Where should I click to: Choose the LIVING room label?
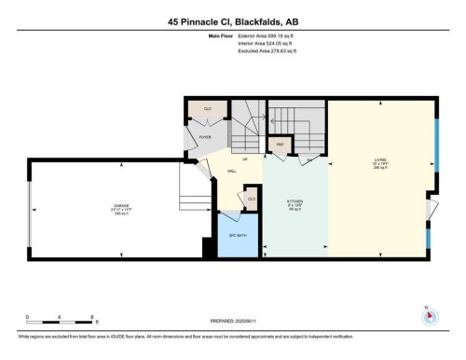click(379, 164)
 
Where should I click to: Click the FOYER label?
click(205, 137)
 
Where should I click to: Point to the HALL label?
click(230, 171)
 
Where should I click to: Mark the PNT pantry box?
click(279, 145)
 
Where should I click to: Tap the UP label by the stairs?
click(245, 159)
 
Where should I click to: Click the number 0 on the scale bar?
click(28, 317)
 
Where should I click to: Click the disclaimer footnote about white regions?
click(232, 334)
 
